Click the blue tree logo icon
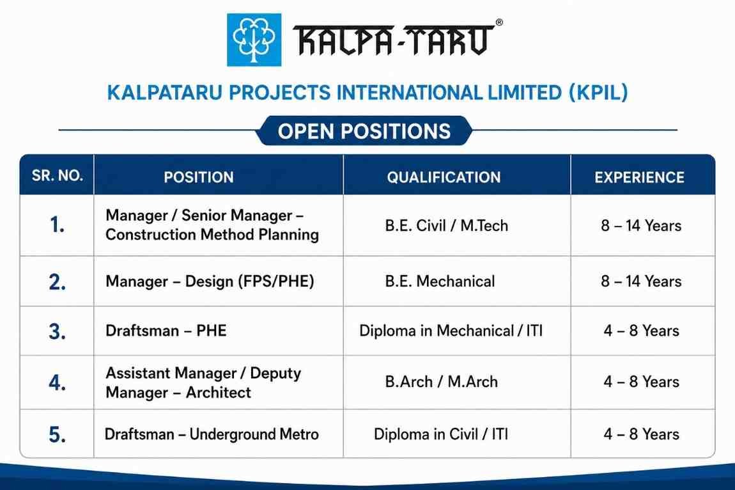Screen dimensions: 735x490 pyautogui.click(x=254, y=40)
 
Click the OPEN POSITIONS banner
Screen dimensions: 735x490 pyautogui.click(x=364, y=131)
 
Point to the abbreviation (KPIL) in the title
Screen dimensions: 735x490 pyautogui.click(x=598, y=93)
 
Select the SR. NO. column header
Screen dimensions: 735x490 pyautogui.click(x=57, y=175)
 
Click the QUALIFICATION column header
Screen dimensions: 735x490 pyautogui.click(x=444, y=177)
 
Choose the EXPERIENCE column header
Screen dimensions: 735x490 pyautogui.click(x=639, y=177)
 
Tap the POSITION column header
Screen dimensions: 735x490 pyautogui.click(x=199, y=177)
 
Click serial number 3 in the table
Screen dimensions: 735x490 pyautogui.click(x=57, y=331)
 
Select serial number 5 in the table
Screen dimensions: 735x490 pyautogui.click(x=57, y=434)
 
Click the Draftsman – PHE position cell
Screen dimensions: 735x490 pyautogui.click(x=166, y=331)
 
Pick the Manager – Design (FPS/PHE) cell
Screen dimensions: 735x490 pyautogui.click(x=210, y=281)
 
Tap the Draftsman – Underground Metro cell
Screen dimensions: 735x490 pyautogui.click(x=212, y=434)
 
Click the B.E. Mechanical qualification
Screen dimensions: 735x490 pyautogui.click(x=440, y=281)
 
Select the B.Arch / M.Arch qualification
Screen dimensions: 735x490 pyautogui.click(x=441, y=382)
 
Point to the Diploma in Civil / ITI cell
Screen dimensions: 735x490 pyautogui.click(x=440, y=434)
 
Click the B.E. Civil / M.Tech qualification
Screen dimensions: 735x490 pyautogui.click(x=446, y=225)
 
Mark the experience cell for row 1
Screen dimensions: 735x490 pyautogui.click(x=641, y=225)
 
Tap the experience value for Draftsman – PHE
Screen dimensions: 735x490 pyautogui.click(x=641, y=331)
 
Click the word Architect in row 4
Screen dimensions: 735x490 pyautogui.click(x=219, y=392)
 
